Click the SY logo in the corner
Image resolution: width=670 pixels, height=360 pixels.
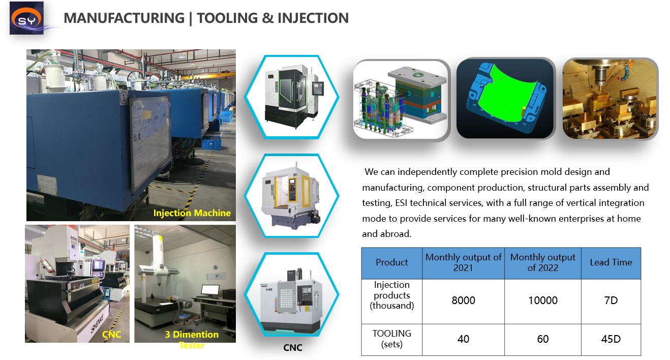[x=26, y=18]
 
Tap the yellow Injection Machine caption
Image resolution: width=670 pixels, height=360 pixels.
[x=192, y=213]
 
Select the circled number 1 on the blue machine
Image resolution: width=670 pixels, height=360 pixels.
[x=124, y=97]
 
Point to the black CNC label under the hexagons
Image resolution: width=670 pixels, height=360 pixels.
[x=293, y=347]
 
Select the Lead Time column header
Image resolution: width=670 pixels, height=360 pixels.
[x=611, y=262]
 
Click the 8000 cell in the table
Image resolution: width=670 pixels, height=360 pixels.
[x=463, y=301]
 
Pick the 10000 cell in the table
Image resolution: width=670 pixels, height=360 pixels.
[x=543, y=301]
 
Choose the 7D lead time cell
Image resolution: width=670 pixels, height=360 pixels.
[x=611, y=301]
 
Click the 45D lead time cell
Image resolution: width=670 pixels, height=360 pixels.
[x=611, y=339]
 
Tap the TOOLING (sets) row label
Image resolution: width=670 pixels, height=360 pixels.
[x=392, y=339]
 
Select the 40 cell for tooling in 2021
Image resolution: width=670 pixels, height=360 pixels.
[x=463, y=339]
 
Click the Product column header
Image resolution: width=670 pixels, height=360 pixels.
[x=392, y=262]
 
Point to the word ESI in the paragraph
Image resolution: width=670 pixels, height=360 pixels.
[x=402, y=203]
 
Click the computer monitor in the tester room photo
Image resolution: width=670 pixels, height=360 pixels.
[x=210, y=290]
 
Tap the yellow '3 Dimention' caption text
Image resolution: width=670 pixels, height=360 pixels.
[x=192, y=334]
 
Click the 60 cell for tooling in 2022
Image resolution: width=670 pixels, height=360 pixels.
[x=543, y=339]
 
